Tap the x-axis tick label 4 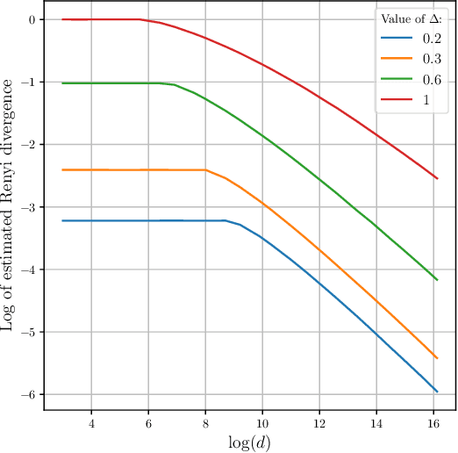pyautogui.click(x=91, y=422)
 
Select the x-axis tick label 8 pyautogui.click(x=205, y=422)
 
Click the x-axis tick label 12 pyautogui.click(x=319, y=422)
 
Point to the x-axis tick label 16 pyautogui.click(x=433, y=422)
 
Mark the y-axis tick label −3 pyautogui.click(x=31, y=207)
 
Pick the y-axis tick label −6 pyautogui.click(x=31, y=394)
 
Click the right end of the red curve pyautogui.click(x=437, y=178)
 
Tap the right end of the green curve pyautogui.click(x=437, y=280)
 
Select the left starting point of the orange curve pyautogui.click(x=63, y=169)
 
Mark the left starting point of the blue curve pyautogui.click(x=63, y=220)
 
